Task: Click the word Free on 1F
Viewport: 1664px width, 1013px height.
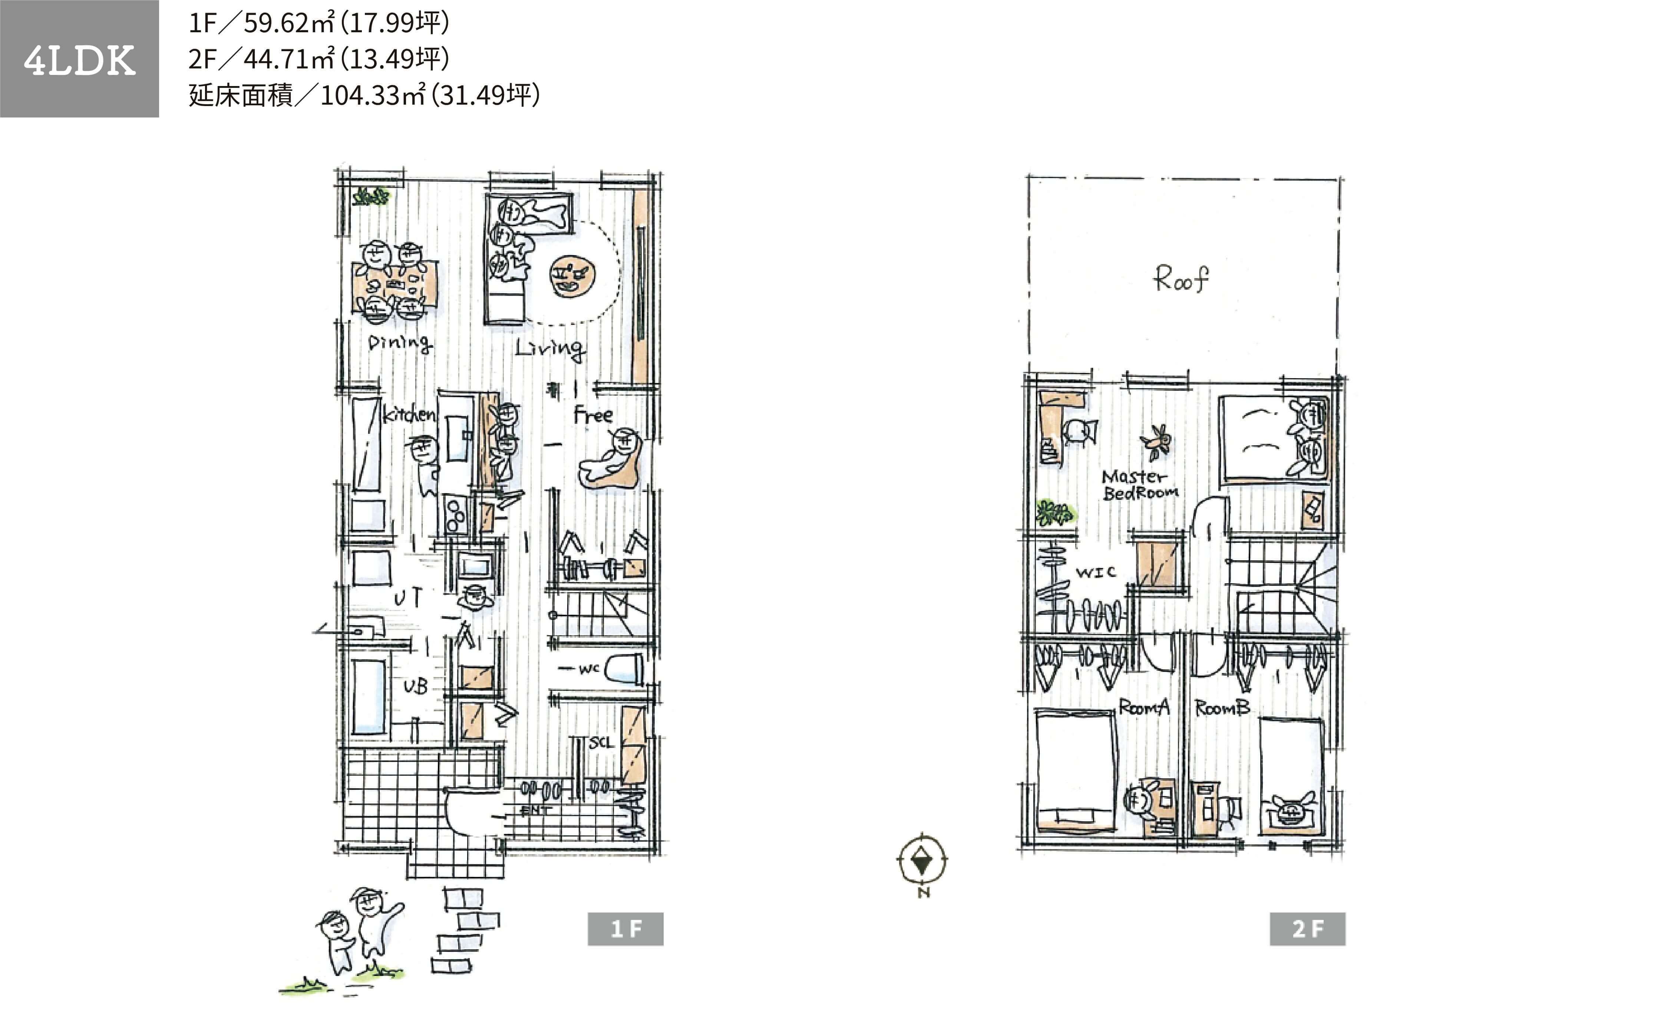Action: (593, 415)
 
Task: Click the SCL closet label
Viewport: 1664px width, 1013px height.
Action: (601, 743)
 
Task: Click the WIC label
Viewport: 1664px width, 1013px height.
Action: (1095, 572)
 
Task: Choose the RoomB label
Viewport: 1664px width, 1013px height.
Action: (1222, 708)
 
